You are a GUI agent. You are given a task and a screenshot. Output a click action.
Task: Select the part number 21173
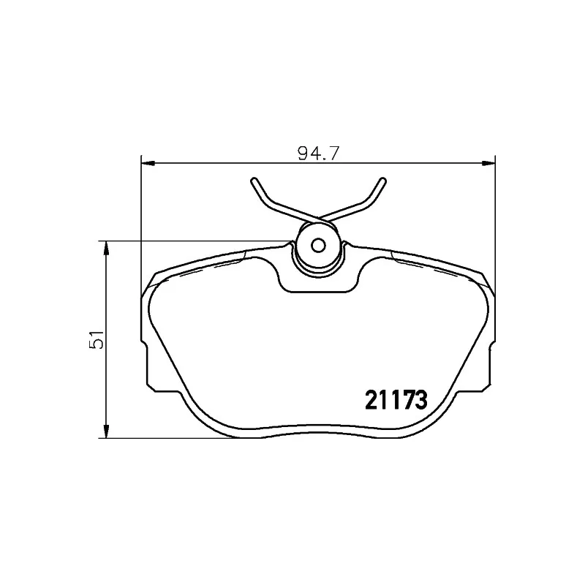click(x=395, y=399)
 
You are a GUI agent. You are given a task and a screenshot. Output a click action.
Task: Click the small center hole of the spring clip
click(x=318, y=246)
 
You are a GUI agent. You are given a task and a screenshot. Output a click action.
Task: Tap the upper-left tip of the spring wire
click(x=252, y=180)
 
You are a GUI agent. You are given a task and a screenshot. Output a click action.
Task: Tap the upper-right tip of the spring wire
click(x=384, y=180)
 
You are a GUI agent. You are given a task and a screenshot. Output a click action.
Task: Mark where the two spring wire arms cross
click(x=318, y=219)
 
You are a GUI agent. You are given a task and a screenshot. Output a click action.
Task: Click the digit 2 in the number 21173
click(x=371, y=399)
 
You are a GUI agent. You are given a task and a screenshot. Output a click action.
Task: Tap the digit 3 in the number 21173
click(x=420, y=399)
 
